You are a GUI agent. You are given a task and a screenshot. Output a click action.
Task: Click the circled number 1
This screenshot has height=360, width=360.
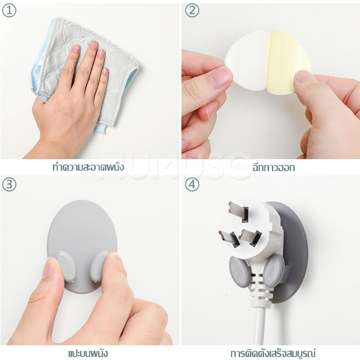pos(9,10)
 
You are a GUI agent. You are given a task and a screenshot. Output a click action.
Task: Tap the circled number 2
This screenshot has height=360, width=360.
pos(192,10)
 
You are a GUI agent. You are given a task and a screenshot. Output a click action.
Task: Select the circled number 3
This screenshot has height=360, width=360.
pos(9,184)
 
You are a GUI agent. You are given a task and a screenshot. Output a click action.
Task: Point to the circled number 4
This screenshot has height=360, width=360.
pos(192,184)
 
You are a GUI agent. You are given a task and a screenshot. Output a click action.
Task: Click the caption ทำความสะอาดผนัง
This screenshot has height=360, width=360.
pos(88,167)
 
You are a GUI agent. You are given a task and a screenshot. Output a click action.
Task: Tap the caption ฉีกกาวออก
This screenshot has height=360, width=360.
pos(274,168)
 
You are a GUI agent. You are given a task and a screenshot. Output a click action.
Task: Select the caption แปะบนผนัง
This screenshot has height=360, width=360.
pos(88,353)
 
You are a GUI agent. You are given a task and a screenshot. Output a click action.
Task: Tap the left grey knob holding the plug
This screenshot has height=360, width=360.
pos(239,271)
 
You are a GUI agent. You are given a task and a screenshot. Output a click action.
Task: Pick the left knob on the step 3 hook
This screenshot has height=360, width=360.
pos(66,266)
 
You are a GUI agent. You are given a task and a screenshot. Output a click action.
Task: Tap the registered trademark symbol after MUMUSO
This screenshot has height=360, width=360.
pos(255,152)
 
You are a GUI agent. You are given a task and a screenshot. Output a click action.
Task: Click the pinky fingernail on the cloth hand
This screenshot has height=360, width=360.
pos(105,72)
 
